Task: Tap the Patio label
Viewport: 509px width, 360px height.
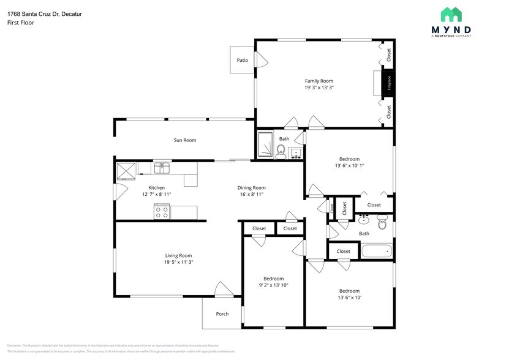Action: point(243,60)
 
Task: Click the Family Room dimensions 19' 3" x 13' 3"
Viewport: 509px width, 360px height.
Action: point(319,88)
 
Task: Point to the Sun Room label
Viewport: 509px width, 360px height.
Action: point(184,140)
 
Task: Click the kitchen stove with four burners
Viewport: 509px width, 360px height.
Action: point(162,212)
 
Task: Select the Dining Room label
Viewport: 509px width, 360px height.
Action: point(251,187)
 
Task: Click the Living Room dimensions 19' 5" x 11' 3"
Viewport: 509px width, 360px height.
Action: point(178,262)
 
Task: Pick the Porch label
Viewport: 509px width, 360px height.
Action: point(222,314)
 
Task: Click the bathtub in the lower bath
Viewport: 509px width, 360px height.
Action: point(376,251)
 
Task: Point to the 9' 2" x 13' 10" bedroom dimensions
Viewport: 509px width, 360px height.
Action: point(273,285)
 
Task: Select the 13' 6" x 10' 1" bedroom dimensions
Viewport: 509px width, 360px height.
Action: point(349,165)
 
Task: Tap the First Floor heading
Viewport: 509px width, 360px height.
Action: point(20,23)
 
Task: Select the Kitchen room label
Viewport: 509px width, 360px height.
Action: point(156,187)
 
